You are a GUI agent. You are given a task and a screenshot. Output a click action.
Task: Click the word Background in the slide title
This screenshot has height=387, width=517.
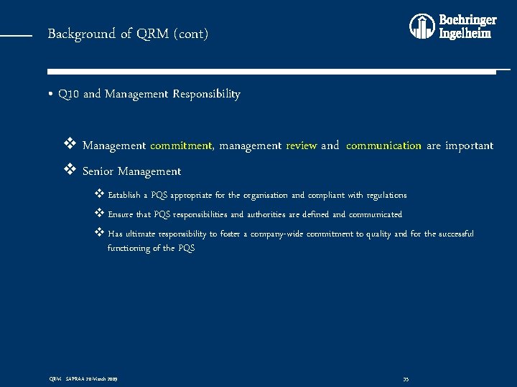[71, 34]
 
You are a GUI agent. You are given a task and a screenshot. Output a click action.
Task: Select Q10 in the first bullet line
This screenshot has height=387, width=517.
[69, 94]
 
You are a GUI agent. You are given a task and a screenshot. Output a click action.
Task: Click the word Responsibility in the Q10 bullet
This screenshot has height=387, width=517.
[206, 94]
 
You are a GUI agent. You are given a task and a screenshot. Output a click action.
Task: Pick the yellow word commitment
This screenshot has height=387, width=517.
[182, 145]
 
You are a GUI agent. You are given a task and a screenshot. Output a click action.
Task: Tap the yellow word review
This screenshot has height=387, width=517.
[302, 145]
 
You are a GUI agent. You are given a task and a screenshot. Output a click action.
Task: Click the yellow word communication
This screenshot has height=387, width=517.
[383, 145]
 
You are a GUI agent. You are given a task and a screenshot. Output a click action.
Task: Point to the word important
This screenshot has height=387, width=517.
[469, 145]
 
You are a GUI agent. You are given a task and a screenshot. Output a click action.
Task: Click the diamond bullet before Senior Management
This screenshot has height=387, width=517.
[70, 171]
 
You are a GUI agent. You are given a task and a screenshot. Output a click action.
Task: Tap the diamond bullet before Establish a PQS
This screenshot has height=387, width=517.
[99, 194]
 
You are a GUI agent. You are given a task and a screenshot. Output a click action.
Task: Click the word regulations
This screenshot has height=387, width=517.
[386, 195]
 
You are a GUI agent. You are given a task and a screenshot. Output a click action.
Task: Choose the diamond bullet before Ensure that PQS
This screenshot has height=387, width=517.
[99, 214]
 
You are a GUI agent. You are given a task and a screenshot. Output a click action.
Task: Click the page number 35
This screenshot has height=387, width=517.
[406, 378]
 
